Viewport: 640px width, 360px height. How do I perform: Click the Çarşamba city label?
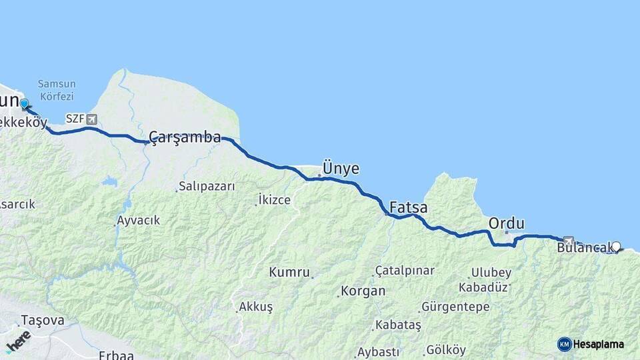(x=185, y=137)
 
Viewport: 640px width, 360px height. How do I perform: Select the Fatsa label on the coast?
(x=408, y=207)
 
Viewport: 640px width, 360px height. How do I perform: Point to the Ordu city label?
(x=507, y=223)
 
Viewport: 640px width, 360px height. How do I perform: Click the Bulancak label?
(x=584, y=248)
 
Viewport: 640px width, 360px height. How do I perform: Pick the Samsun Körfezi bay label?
(x=57, y=89)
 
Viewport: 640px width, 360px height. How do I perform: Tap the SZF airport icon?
(x=91, y=119)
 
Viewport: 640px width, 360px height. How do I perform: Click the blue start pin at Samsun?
(x=25, y=104)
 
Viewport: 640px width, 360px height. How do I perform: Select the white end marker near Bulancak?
(x=616, y=247)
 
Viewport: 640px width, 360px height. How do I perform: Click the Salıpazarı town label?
(x=207, y=187)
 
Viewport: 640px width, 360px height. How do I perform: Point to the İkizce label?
(x=275, y=199)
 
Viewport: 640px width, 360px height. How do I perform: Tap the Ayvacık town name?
(x=138, y=221)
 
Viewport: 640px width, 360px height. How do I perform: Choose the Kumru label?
(x=289, y=272)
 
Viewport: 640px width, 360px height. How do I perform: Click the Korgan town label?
(x=363, y=291)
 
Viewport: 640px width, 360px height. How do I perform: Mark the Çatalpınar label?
(x=405, y=271)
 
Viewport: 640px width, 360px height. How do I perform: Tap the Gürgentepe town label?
(x=456, y=307)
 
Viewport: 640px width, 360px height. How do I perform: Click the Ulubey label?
(x=492, y=273)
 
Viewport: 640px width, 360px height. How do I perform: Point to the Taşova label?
(x=43, y=321)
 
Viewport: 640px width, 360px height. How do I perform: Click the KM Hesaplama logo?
(x=591, y=344)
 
